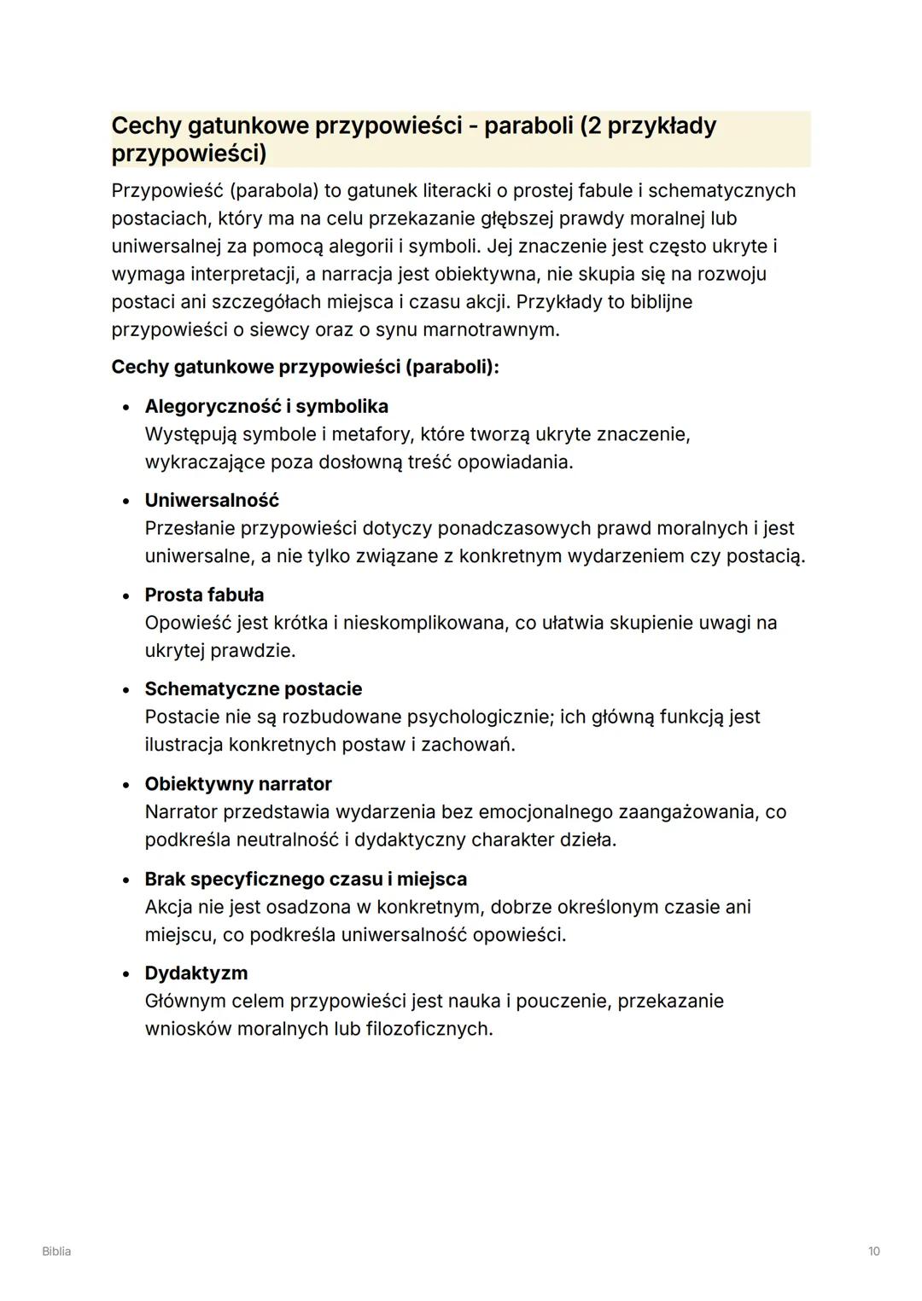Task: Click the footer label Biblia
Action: pyautogui.click(x=56, y=1252)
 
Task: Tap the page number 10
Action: pyautogui.click(x=873, y=1252)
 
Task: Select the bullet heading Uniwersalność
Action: pyautogui.click(x=212, y=500)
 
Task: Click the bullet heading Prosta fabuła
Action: pyautogui.click(x=204, y=595)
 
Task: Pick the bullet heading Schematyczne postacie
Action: pyautogui.click(x=253, y=688)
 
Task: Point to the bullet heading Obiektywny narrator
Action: pyautogui.click(x=238, y=784)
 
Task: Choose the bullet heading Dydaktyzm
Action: pyautogui.click(x=196, y=973)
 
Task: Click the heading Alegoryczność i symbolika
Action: pyautogui.click(x=266, y=406)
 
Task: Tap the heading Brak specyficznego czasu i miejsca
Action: pyautogui.click(x=306, y=879)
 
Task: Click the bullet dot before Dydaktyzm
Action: pyautogui.click(x=126, y=974)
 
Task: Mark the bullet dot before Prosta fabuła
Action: pyautogui.click(x=126, y=595)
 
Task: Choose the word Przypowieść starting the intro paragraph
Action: pyautogui.click(x=166, y=190)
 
